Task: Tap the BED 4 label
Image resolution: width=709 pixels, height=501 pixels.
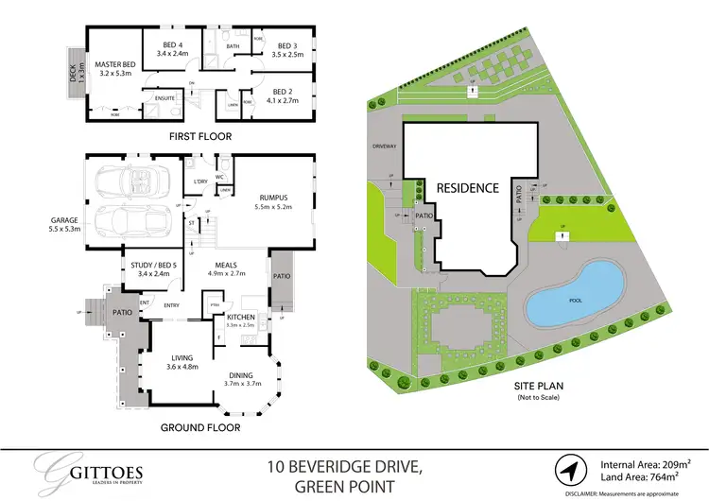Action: click(174, 47)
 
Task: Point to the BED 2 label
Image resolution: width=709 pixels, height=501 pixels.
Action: click(283, 93)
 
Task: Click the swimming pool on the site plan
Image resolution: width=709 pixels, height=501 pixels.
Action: click(575, 296)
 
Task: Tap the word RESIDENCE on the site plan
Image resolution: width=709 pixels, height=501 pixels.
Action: click(467, 188)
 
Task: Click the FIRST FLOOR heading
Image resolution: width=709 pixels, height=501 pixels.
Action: click(199, 136)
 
